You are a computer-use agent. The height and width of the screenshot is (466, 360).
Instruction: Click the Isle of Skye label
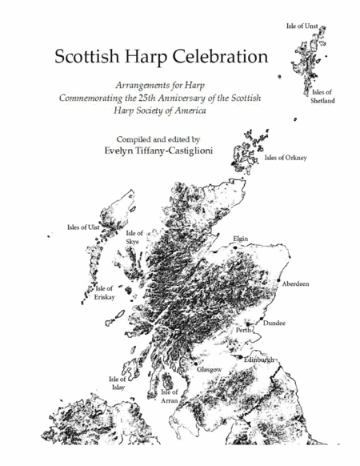(134, 237)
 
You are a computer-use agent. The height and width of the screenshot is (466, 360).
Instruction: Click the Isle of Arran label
(169, 396)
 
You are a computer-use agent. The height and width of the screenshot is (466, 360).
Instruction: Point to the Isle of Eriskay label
(106, 292)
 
